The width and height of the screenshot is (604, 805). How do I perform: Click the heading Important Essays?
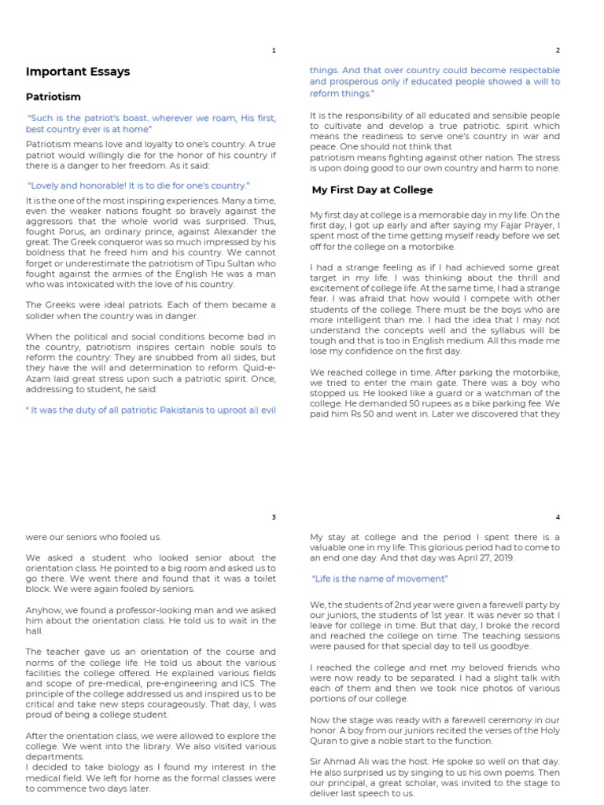pos(78,72)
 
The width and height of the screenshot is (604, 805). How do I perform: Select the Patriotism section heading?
pos(53,97)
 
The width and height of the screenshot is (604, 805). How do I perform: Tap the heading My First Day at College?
pos(372,190)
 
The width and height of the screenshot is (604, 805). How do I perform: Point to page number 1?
pos(274,50)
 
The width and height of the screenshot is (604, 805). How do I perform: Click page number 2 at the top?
pos(558,50)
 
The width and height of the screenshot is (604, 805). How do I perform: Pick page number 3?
pos(274,517)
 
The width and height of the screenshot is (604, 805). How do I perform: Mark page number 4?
pos(558,517)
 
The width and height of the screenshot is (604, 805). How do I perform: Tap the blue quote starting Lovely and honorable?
pos(138,186)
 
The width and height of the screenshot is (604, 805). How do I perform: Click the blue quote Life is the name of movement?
pos(380,579)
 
